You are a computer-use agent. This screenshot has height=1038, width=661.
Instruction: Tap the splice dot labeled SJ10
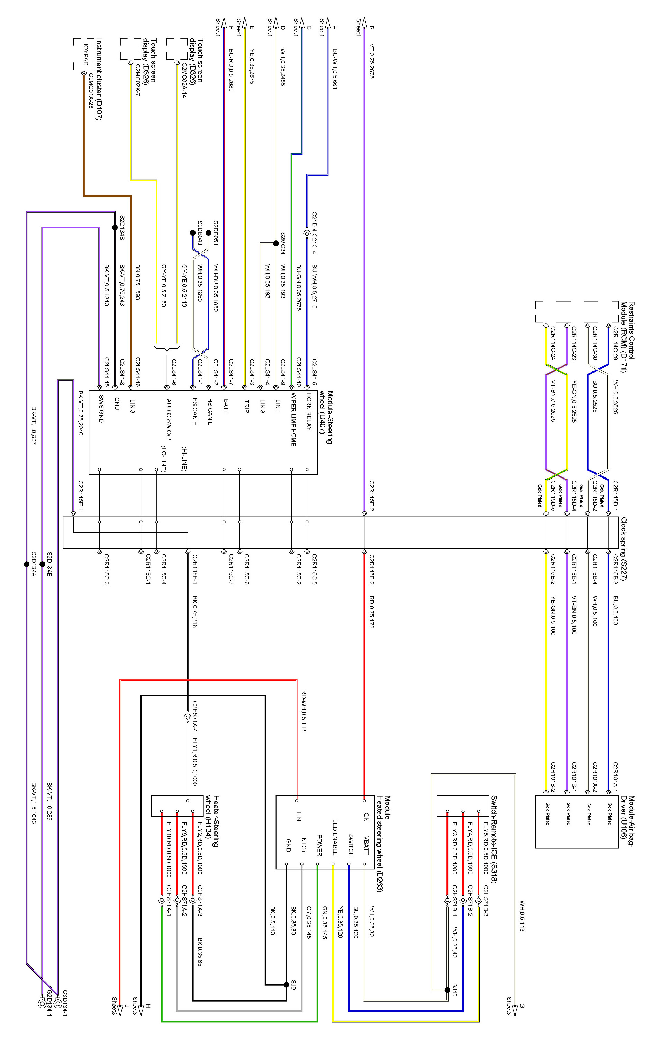pyautogui.click(x=447, y=990)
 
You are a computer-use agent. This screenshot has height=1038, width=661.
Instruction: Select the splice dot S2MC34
pyautogui.click(x=276, y=243)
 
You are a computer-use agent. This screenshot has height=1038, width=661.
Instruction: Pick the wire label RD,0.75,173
pyautogui.click(x=371, y=612)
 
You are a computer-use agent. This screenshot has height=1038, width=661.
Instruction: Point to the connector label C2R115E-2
pyautogui.click(x=371, y=496)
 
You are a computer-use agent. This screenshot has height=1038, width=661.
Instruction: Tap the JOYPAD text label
pyautogui.click(x=86, y=55)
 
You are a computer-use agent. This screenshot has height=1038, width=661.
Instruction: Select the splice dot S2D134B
pyautogui.click(x=115, y=228)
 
